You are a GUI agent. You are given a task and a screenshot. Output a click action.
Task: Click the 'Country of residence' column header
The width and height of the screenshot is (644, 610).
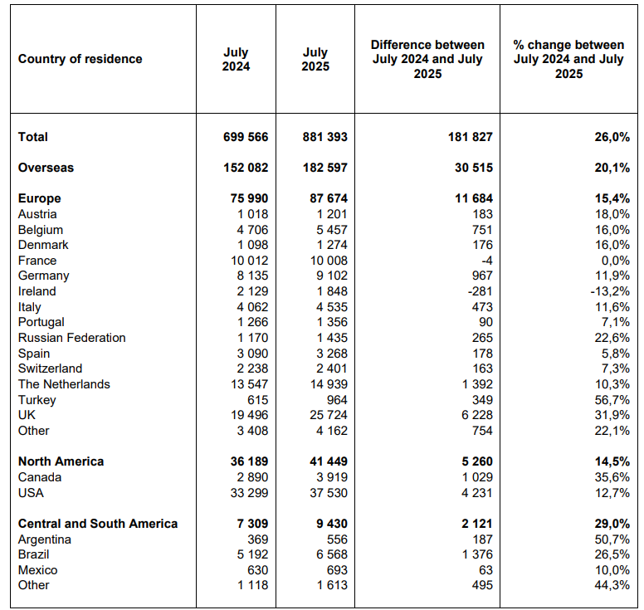tap(80, 59)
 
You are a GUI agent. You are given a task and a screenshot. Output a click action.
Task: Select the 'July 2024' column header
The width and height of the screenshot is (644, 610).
tap(237, 59)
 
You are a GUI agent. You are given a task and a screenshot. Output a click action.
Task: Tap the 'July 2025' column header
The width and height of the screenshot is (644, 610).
tap(315, 59)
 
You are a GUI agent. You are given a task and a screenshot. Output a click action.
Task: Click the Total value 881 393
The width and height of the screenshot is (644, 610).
tap(324, 137)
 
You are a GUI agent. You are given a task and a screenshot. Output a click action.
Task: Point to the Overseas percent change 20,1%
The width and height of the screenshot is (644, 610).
tap(612, 168)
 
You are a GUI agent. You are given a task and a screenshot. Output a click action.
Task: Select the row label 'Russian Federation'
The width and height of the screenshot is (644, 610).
tap(72, 338)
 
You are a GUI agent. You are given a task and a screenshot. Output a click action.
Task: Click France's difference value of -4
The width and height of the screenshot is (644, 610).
tap(486, 261)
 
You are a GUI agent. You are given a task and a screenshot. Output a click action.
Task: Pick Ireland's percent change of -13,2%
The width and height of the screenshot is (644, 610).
tap(610, 291)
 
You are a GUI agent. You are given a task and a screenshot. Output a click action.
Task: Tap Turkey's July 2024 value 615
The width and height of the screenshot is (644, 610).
tap(258, 400)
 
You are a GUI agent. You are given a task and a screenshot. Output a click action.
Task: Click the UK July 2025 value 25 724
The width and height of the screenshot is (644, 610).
tap(329, 415)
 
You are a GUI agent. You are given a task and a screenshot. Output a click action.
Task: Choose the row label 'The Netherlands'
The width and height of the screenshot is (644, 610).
tap(64, 384)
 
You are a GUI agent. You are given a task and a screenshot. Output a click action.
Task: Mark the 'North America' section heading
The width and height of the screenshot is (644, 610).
tap(61, 461)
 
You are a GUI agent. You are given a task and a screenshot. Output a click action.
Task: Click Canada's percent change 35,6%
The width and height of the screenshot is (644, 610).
tap(612, 477)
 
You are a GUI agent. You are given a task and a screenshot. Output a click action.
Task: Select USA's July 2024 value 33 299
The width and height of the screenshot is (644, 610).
tap(249, 492)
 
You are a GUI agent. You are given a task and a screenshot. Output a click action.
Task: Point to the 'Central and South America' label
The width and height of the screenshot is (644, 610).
tap(98, 524)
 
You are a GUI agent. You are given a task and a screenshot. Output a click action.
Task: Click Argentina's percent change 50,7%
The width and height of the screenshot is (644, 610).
tap(612, 539)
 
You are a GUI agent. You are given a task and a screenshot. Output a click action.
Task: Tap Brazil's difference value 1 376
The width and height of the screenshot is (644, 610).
tap(477, 554)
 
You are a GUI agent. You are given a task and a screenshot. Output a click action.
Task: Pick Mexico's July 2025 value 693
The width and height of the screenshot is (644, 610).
tap(337, 570)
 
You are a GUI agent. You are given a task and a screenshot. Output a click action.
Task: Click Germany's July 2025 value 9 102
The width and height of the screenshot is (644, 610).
tap(332, 276)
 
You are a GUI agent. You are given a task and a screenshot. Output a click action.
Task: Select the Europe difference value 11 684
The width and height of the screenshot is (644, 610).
tap(474, 198)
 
